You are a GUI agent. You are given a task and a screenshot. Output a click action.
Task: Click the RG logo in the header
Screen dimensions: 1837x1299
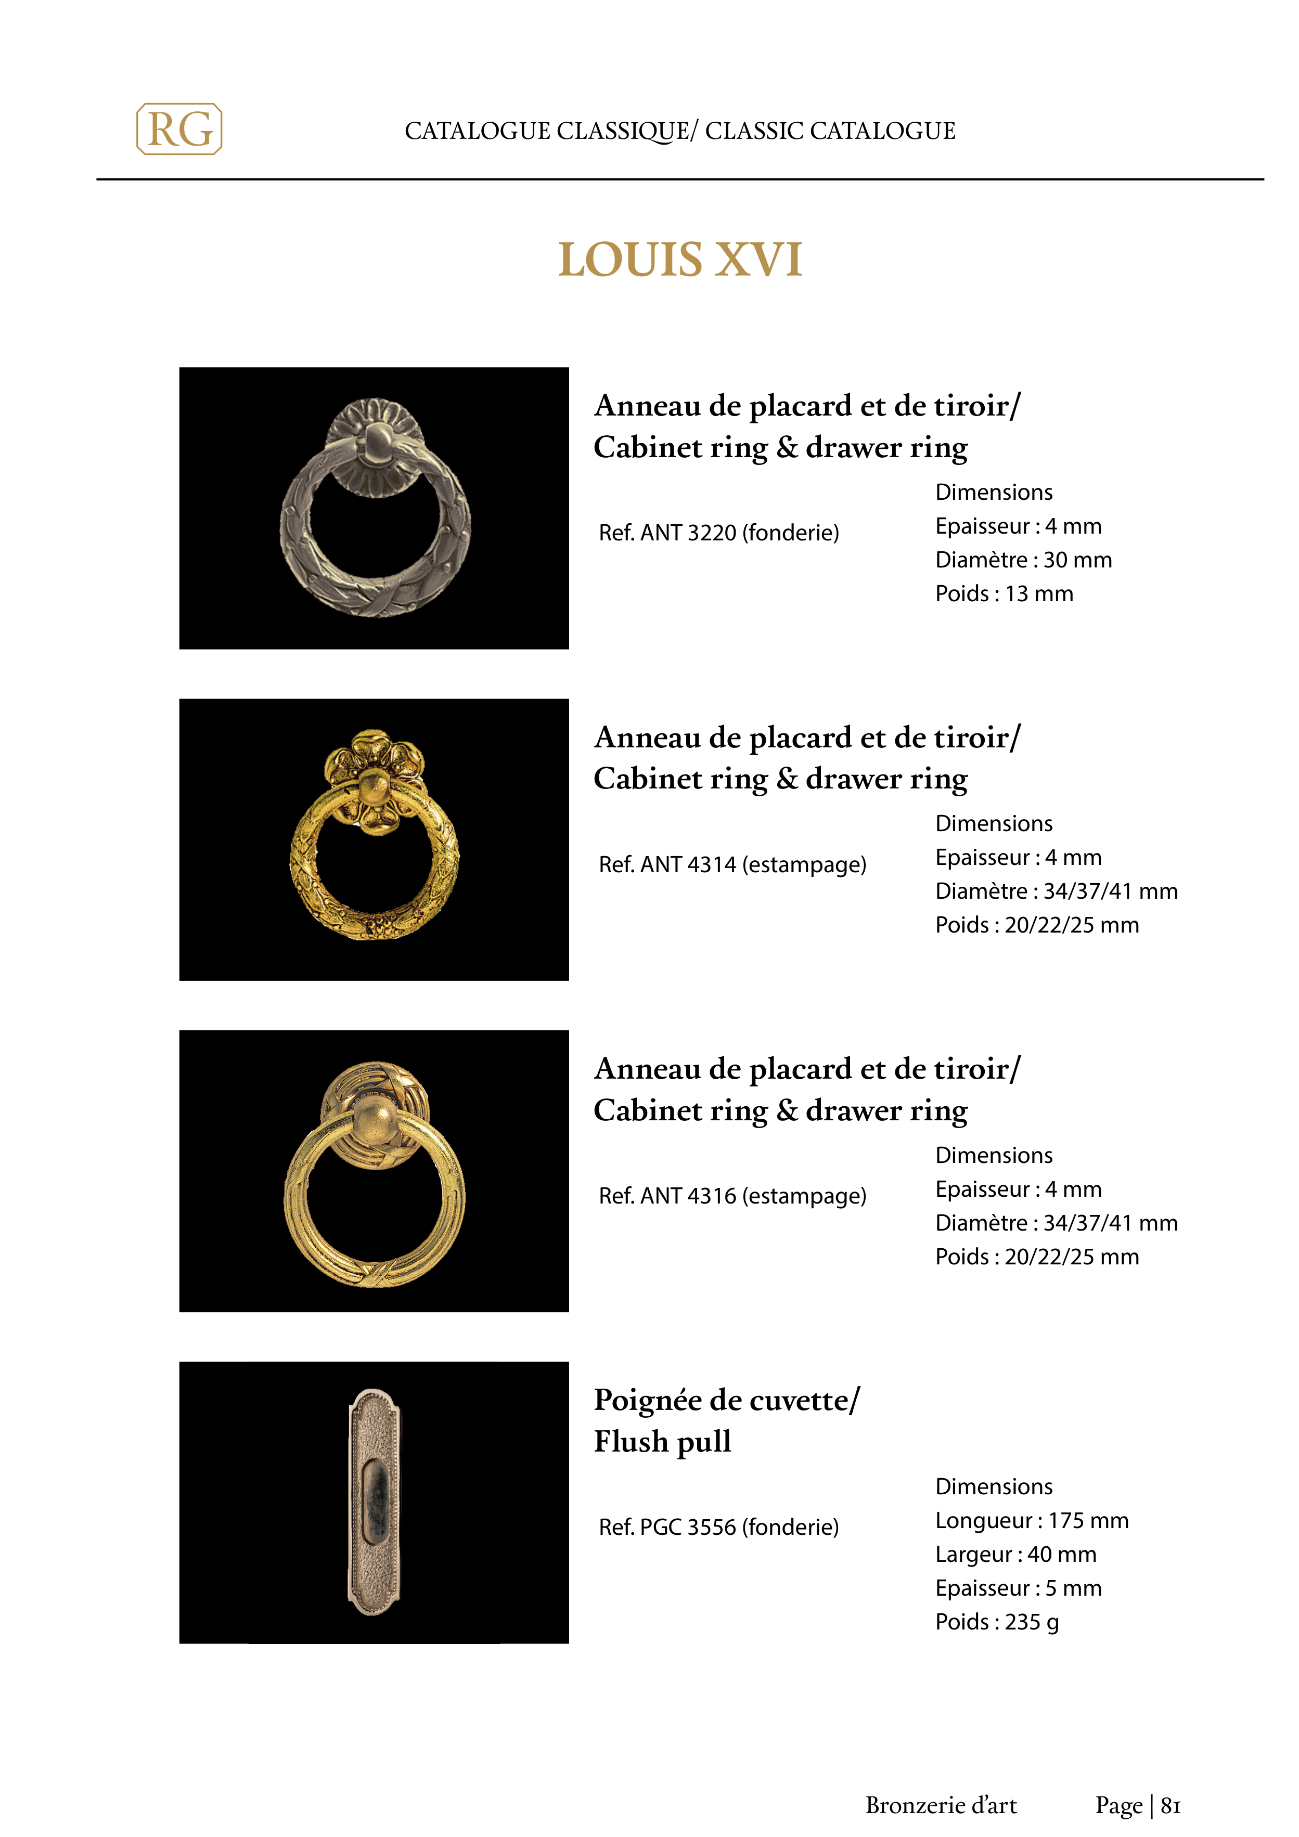pos(179,129)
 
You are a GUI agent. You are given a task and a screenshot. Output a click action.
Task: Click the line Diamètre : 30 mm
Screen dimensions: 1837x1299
pos(1023,560)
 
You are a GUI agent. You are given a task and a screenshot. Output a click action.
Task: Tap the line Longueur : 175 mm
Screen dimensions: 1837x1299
pos(1032,1520)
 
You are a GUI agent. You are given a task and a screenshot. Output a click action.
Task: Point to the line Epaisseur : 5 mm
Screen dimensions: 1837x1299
pos(1018,1588)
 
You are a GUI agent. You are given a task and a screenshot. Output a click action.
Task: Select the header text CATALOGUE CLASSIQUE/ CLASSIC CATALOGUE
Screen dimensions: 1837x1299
pos(679,131)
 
